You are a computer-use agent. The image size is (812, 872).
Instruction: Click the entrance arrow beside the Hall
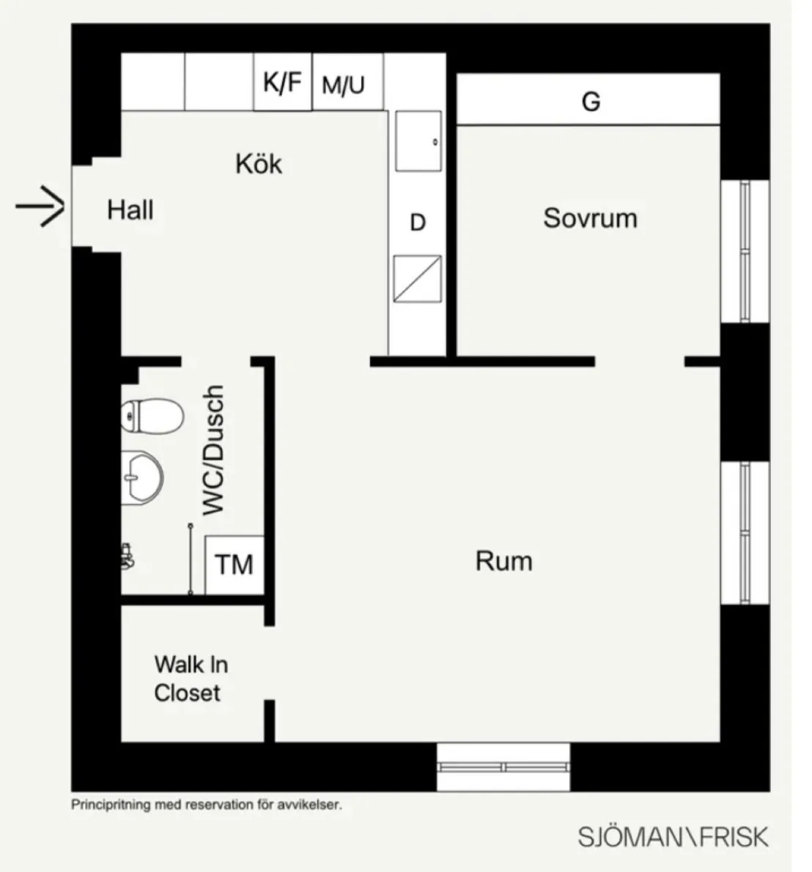pyautogui.click(x=40, y=207)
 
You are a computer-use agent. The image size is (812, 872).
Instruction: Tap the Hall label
pyautogui.click(x=130, y=210)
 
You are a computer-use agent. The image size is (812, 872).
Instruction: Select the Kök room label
pyautogui.click(x=258, y=163)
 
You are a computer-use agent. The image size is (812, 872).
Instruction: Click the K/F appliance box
pyautogui.click(x=283, y=82)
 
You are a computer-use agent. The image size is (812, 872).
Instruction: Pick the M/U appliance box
pyautogui.click(x=348, y=82)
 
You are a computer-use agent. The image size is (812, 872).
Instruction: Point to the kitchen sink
pyautogui.click(x=418, y=141)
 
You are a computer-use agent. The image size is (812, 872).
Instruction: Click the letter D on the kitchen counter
pyautogui.click(x=418, y=223)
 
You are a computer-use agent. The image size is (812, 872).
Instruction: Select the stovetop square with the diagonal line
pyautogui.click(x=418, y=279)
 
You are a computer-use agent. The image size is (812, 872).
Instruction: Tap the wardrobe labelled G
pyautogui.click(x=588, y=100)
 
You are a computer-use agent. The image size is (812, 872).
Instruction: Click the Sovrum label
pyautogui.click(x=590, y=218)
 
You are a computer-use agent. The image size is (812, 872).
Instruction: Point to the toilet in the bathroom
pyautogui.click(x=152, y=416)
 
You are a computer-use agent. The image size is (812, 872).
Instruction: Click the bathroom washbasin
pyautogui.click(x=142, y=477)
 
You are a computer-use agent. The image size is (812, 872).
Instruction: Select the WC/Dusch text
pyautogui.click(x=213, y=450)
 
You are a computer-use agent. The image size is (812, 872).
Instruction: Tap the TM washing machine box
pyautogui.click(x=235, y=565)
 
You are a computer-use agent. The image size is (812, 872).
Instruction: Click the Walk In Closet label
pyautogui.click(x=191, y=679)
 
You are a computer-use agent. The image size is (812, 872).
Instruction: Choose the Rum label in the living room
pyautogui.click(x=503, y=561)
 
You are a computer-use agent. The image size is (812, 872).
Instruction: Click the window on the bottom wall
pyautogui.click(x=503, y=767)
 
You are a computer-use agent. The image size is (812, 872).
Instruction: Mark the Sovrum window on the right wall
pyautogui.click(x=745, y=251)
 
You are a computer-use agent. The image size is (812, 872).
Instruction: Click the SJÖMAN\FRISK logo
pyautogui.click(x=673, y=837)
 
